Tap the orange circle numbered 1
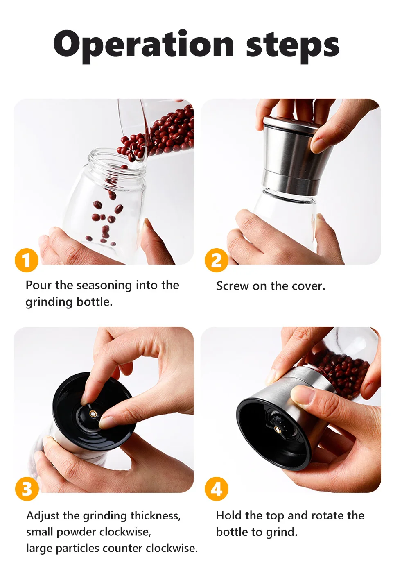tap(27, 260)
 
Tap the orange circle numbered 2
tap(216, 260)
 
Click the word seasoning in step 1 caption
tap(104, 286)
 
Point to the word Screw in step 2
tap(232, 286)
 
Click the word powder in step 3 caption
tap(76, 532)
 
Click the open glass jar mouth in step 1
tap(117, 161)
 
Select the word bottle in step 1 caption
tap(94, 302)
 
